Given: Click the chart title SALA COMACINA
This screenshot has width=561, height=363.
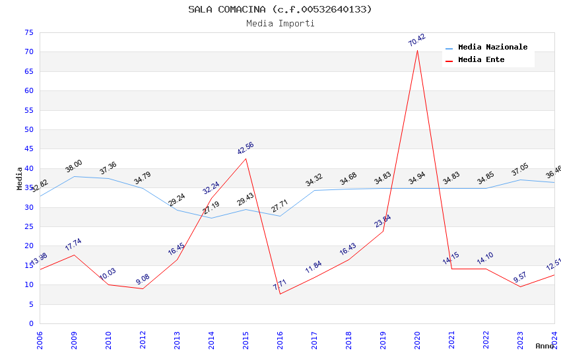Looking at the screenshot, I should pos(280,9).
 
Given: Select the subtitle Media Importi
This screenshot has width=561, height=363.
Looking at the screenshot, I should pos(280,23).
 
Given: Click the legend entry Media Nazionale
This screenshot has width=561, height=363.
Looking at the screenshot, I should pos(492,47).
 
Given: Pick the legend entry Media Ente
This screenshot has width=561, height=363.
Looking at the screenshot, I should pos(481,59).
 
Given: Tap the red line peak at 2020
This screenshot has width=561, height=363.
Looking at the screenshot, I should pos(417,50).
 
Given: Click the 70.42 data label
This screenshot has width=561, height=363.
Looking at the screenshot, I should pos(417,40).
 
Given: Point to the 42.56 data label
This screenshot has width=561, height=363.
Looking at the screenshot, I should pos(246,148).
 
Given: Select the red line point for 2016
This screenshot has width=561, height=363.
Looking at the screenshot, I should pos(280,294).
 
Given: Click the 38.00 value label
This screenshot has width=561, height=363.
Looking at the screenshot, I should pos(74,166).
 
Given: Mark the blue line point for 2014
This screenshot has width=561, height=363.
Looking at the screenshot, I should pos(211,218).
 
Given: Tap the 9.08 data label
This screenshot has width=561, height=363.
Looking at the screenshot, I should pos(143,279).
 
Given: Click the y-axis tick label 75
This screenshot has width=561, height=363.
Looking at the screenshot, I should pos(28,32).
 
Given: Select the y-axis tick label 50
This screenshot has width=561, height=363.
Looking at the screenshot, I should pos(28,129).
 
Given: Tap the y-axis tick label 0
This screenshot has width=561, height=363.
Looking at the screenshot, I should pos(30,323).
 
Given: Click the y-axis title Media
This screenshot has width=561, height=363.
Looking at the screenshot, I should pos(20,178).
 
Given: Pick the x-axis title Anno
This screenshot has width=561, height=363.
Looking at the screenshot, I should pos(545,346).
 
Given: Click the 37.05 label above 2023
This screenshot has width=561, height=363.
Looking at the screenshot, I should pos(520,170).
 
